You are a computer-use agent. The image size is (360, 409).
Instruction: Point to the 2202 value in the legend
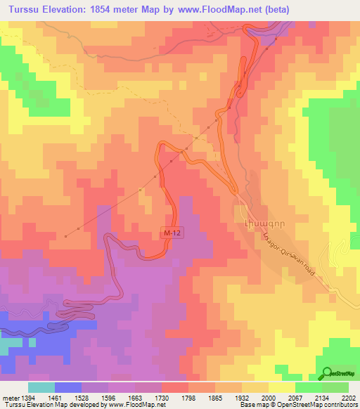(x=348, y=398)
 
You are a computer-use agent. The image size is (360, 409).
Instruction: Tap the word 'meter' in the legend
(x=8, y=398)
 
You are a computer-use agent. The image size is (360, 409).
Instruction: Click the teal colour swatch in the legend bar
(x=41, y=387)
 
